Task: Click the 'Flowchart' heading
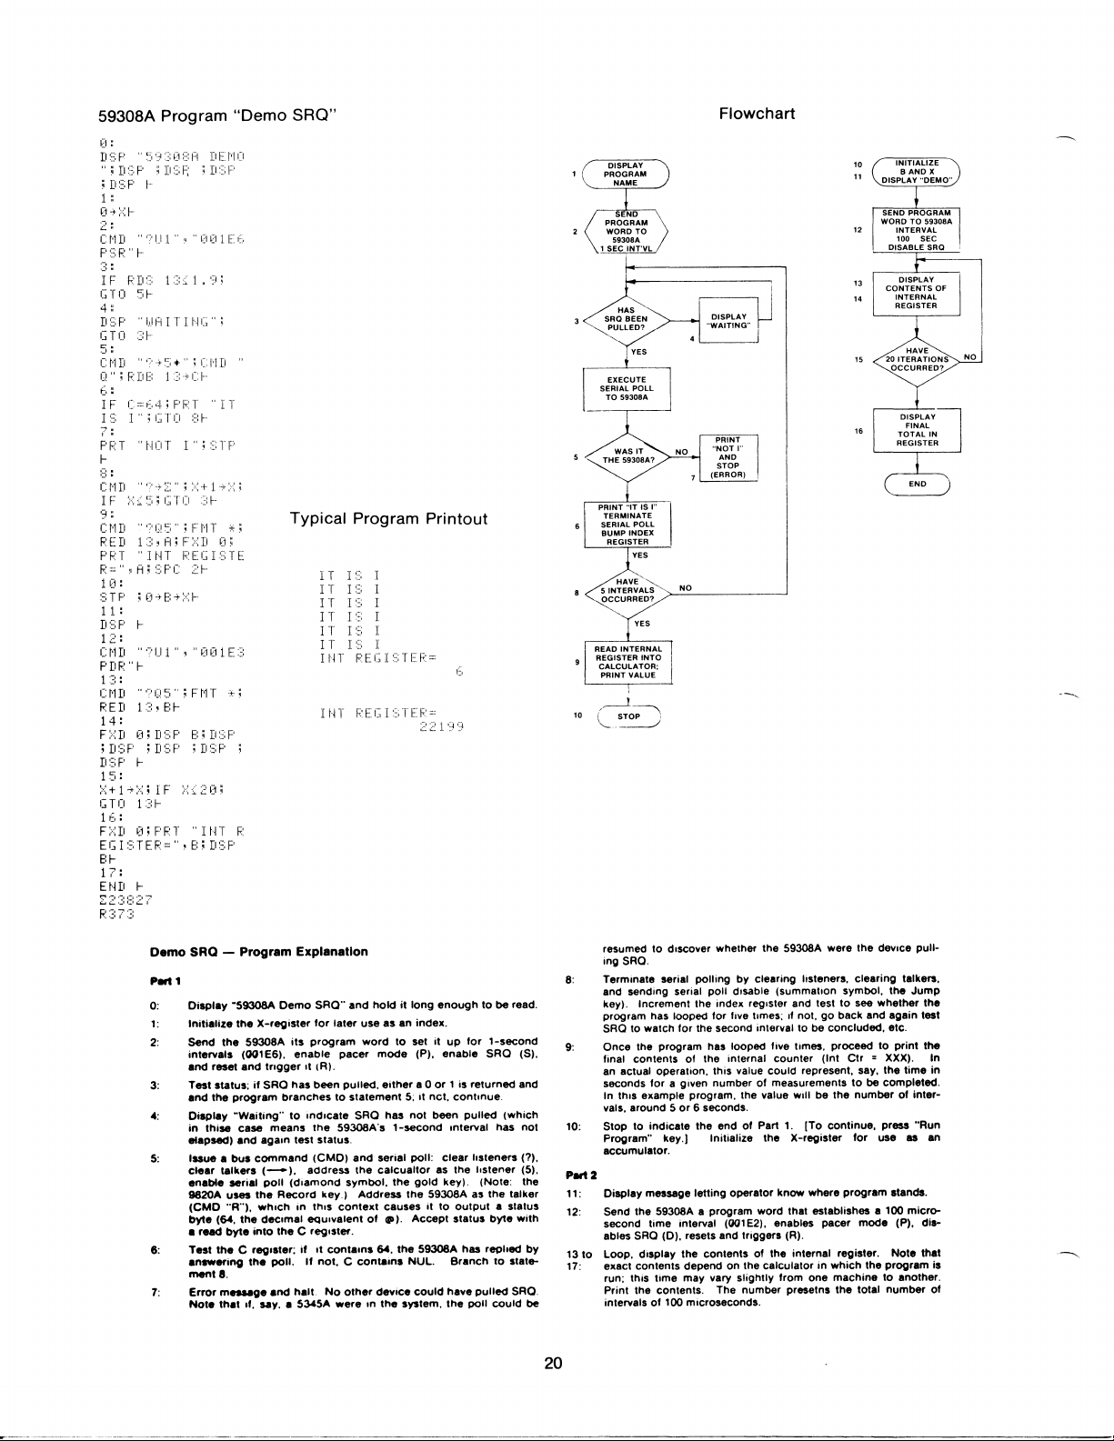tap(757, 114)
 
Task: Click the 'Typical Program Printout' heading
tap(388, 519)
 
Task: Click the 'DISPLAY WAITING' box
tap(728, 319)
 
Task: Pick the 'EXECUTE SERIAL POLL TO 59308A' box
tap(627, 389)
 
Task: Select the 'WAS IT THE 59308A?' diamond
tap(627, 456)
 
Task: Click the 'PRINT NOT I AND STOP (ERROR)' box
tap(728, 457)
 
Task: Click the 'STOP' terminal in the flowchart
tap(627, 716)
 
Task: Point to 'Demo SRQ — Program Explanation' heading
tap(259, 952)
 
